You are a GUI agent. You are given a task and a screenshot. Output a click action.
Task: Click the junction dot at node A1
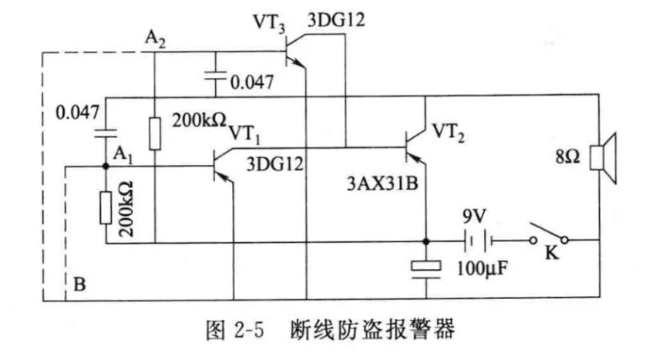pos(106,165)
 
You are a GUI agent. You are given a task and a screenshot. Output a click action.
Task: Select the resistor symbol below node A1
pos(106,206)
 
